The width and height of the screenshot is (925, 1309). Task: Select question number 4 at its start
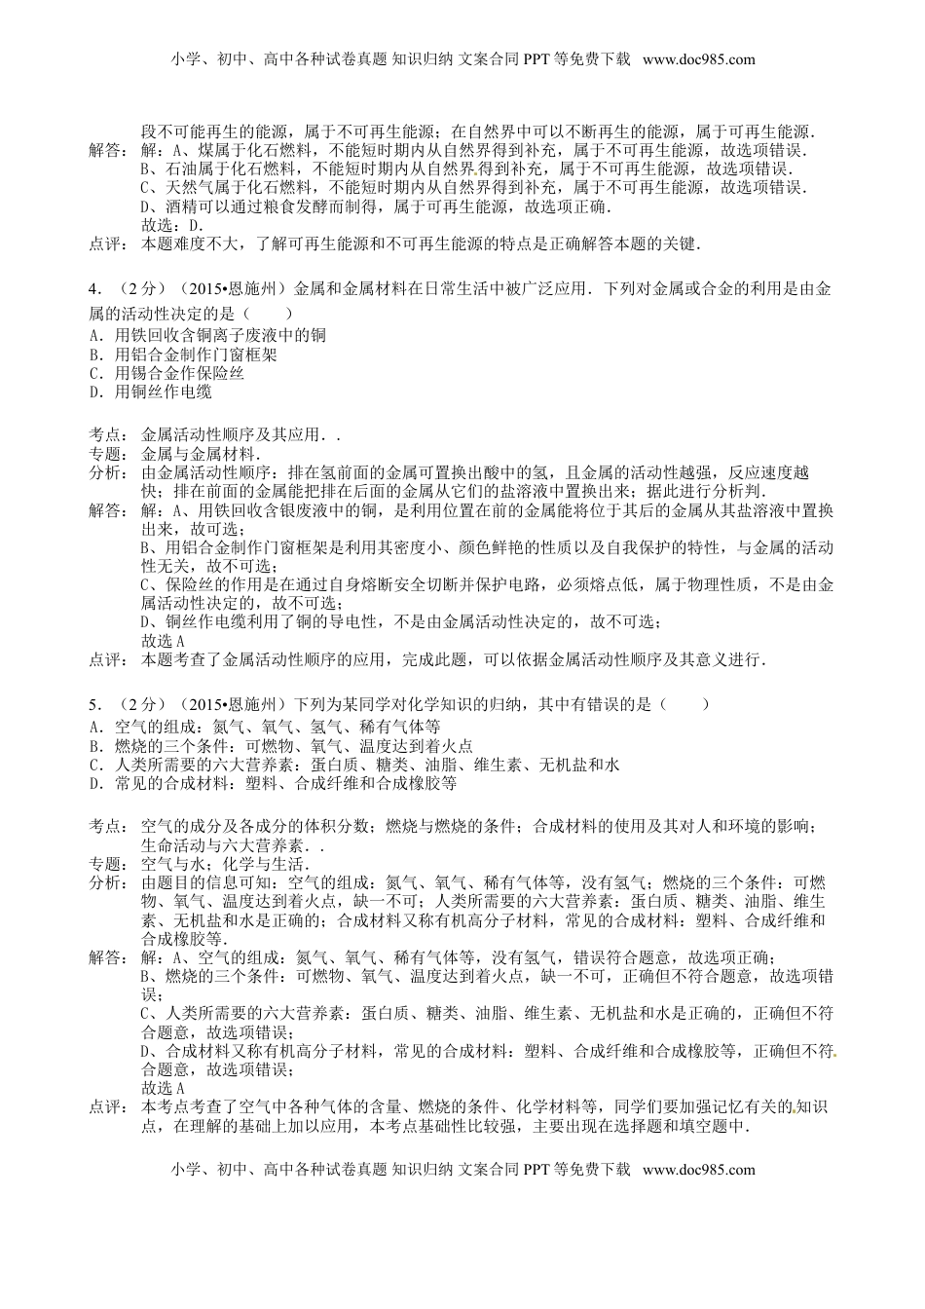point(92,289)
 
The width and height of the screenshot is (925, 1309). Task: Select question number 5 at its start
point(92,703)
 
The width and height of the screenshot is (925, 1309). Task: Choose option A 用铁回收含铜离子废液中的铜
point(206,335)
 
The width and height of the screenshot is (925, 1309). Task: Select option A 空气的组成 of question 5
point(264,727)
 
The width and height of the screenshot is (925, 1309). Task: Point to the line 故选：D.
point(172,226)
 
